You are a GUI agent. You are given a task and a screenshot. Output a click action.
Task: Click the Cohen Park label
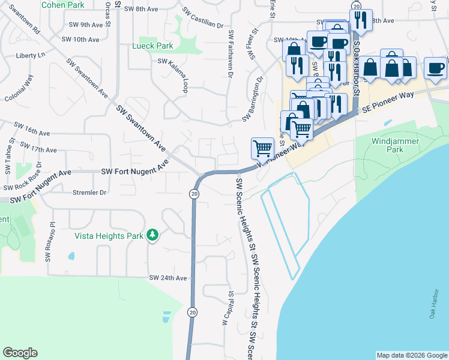click(x=62, y=4)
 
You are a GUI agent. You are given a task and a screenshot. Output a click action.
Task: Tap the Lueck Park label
click(x=152, y=46)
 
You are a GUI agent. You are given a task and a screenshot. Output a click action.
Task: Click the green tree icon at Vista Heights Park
click(x=153, y=235)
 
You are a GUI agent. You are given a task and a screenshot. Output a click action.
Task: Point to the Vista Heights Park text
click(x=109, y=236)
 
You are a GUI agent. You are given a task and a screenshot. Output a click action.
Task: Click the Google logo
click(x=20, y=353)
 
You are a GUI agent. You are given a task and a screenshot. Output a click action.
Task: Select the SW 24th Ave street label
click(x=168, y=278)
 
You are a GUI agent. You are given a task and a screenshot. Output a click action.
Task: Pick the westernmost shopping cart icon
click(x=262, y=147)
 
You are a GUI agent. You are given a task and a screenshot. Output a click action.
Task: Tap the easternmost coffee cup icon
click(x=435, y=68)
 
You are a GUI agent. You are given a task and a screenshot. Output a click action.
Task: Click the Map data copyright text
click(x=411, y=355)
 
